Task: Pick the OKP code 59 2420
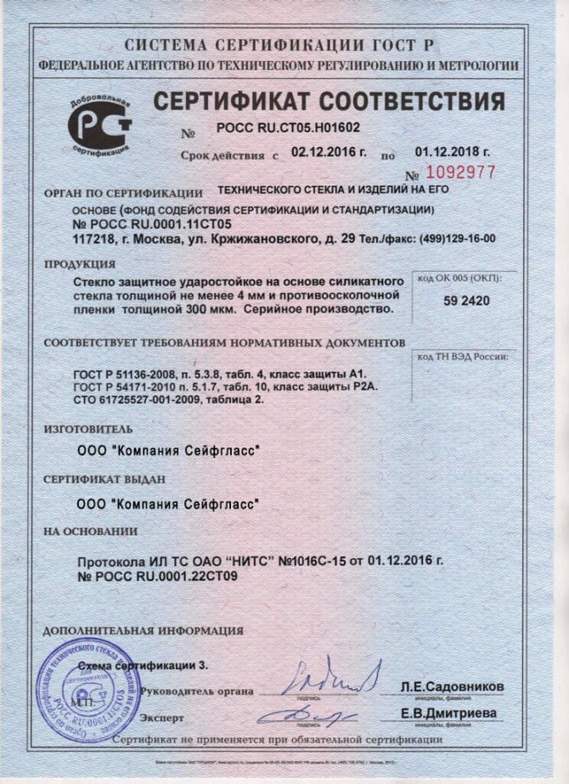point(467,301)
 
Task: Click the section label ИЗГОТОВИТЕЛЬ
point(87,430)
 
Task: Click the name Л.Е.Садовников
point(452,685)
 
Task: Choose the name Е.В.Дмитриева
point(449,713)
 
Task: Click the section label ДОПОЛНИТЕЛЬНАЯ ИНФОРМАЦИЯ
point(143,630)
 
